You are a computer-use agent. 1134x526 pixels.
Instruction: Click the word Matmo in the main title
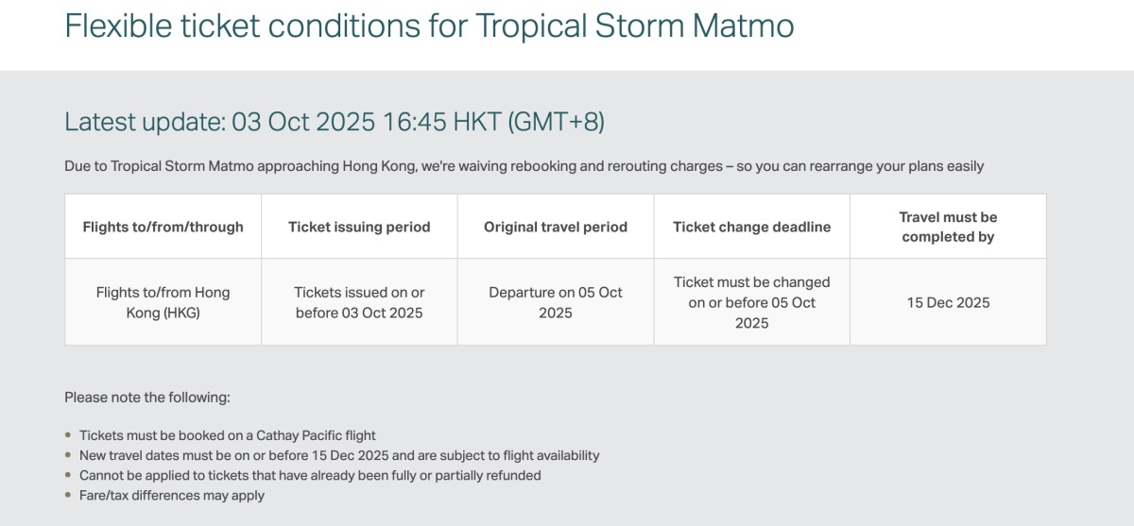[743, 25]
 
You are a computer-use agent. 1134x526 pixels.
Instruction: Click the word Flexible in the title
[118, 25]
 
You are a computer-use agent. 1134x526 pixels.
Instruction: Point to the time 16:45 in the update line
[415, 122]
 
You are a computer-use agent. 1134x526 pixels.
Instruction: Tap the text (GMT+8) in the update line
[556, 122]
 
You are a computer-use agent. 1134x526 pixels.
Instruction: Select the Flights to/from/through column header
[163, 227]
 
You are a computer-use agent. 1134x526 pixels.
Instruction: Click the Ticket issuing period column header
[359, 227]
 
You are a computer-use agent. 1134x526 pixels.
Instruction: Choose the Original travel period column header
[556, 227]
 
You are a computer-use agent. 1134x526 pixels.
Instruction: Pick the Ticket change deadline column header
[752, 227]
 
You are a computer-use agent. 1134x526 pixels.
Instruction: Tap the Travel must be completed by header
[948, 227]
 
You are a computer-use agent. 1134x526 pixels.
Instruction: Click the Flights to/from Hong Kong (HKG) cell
[163, 302]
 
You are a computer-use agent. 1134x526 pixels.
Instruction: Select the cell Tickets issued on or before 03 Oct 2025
[359, 302]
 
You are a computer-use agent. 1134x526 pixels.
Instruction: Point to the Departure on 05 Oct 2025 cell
[556, 302]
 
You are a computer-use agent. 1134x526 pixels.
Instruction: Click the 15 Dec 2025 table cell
[948, 302]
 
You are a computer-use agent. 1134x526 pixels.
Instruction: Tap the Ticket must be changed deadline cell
[752, 302]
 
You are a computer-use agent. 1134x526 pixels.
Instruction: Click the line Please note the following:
[147, 398]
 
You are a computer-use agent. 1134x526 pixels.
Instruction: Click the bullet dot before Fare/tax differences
[68, 495]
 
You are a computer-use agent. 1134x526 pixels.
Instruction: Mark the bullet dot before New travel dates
[68, 454]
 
